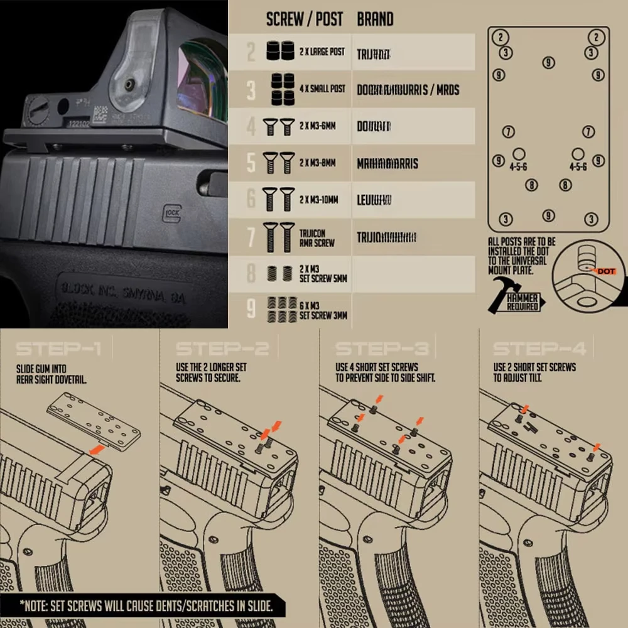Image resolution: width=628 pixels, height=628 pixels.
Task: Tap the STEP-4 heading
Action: pyautogui.click(x=539, y=349)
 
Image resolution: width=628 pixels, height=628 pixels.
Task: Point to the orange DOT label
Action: pyautogui.click(x=607, y=271)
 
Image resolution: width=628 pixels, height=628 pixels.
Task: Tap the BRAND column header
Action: pyautogui.click(x=375, y=19)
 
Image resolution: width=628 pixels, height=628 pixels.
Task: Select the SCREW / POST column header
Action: pyautogui.click(x=305, y=19)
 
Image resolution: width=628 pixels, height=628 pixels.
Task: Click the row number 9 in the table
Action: pyautogui.click(x=251, y=309)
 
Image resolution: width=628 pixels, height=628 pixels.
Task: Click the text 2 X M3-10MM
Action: pyautogui.click(x=318, y=200)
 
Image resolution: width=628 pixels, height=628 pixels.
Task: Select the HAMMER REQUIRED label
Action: pyautogui.click(x=522, y=303)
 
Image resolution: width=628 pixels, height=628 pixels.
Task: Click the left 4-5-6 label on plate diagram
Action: pyautogui.click(x=519, y=167)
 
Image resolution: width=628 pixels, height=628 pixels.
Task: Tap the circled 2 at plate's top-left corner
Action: pyautogui.click(x=501, y=37)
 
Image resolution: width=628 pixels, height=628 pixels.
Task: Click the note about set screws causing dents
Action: pyautogui.click(x=146, y=606)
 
